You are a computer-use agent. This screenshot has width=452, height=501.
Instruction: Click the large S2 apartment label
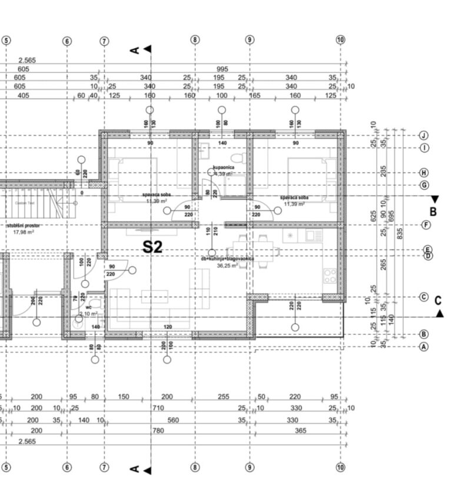pos(152,247)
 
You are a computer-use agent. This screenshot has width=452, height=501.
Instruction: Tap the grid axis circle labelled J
pos(423,135)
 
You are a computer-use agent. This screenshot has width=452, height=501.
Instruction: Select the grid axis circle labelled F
pos(426,225)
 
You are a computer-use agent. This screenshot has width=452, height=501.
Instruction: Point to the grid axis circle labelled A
pos(423,347)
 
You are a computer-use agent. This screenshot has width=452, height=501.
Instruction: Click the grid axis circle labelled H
pos(423,173)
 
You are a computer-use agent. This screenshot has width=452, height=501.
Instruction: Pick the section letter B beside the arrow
pos(433,212)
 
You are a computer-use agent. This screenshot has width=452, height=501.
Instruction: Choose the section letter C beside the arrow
pos(438,301)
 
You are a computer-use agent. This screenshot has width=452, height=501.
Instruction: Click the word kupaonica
pos(224,168)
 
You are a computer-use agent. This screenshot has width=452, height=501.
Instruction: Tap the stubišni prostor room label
pos(22,225)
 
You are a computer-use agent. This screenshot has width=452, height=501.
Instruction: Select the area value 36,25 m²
pos(227,266)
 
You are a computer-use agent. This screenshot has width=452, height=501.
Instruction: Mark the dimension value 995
pos(222,69)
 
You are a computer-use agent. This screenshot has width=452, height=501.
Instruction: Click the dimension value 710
pos(158,408)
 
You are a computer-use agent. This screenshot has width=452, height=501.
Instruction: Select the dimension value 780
pos(158,431)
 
